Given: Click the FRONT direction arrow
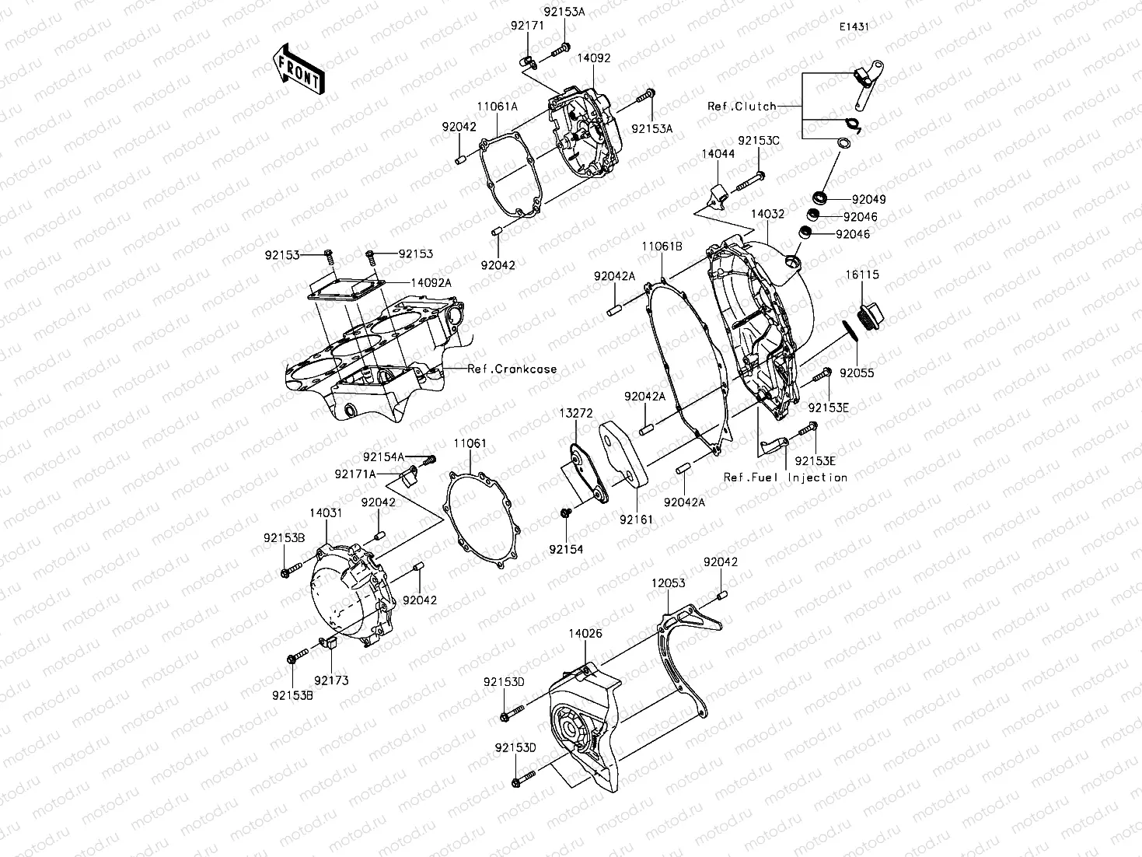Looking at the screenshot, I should point(297,68).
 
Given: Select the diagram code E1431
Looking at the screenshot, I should point(853,26).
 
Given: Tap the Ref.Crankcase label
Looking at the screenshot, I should point(512,369).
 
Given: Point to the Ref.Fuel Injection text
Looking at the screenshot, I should point(785,477).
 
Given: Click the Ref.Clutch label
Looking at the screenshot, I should point(742,106).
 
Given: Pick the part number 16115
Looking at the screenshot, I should point(863,275).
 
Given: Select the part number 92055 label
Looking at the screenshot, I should point(857,373).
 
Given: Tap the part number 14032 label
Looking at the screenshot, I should point(767,214).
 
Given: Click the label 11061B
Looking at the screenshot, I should point(662,246).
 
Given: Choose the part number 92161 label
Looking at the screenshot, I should point(636,519).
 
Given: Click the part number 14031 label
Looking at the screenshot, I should point(326,513).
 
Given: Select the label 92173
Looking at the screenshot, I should point(332,680).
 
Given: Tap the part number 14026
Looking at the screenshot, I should point(585,634).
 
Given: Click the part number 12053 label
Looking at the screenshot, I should point(668,582).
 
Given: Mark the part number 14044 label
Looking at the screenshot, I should point(718,155).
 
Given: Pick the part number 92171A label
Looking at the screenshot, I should point(355,474).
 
